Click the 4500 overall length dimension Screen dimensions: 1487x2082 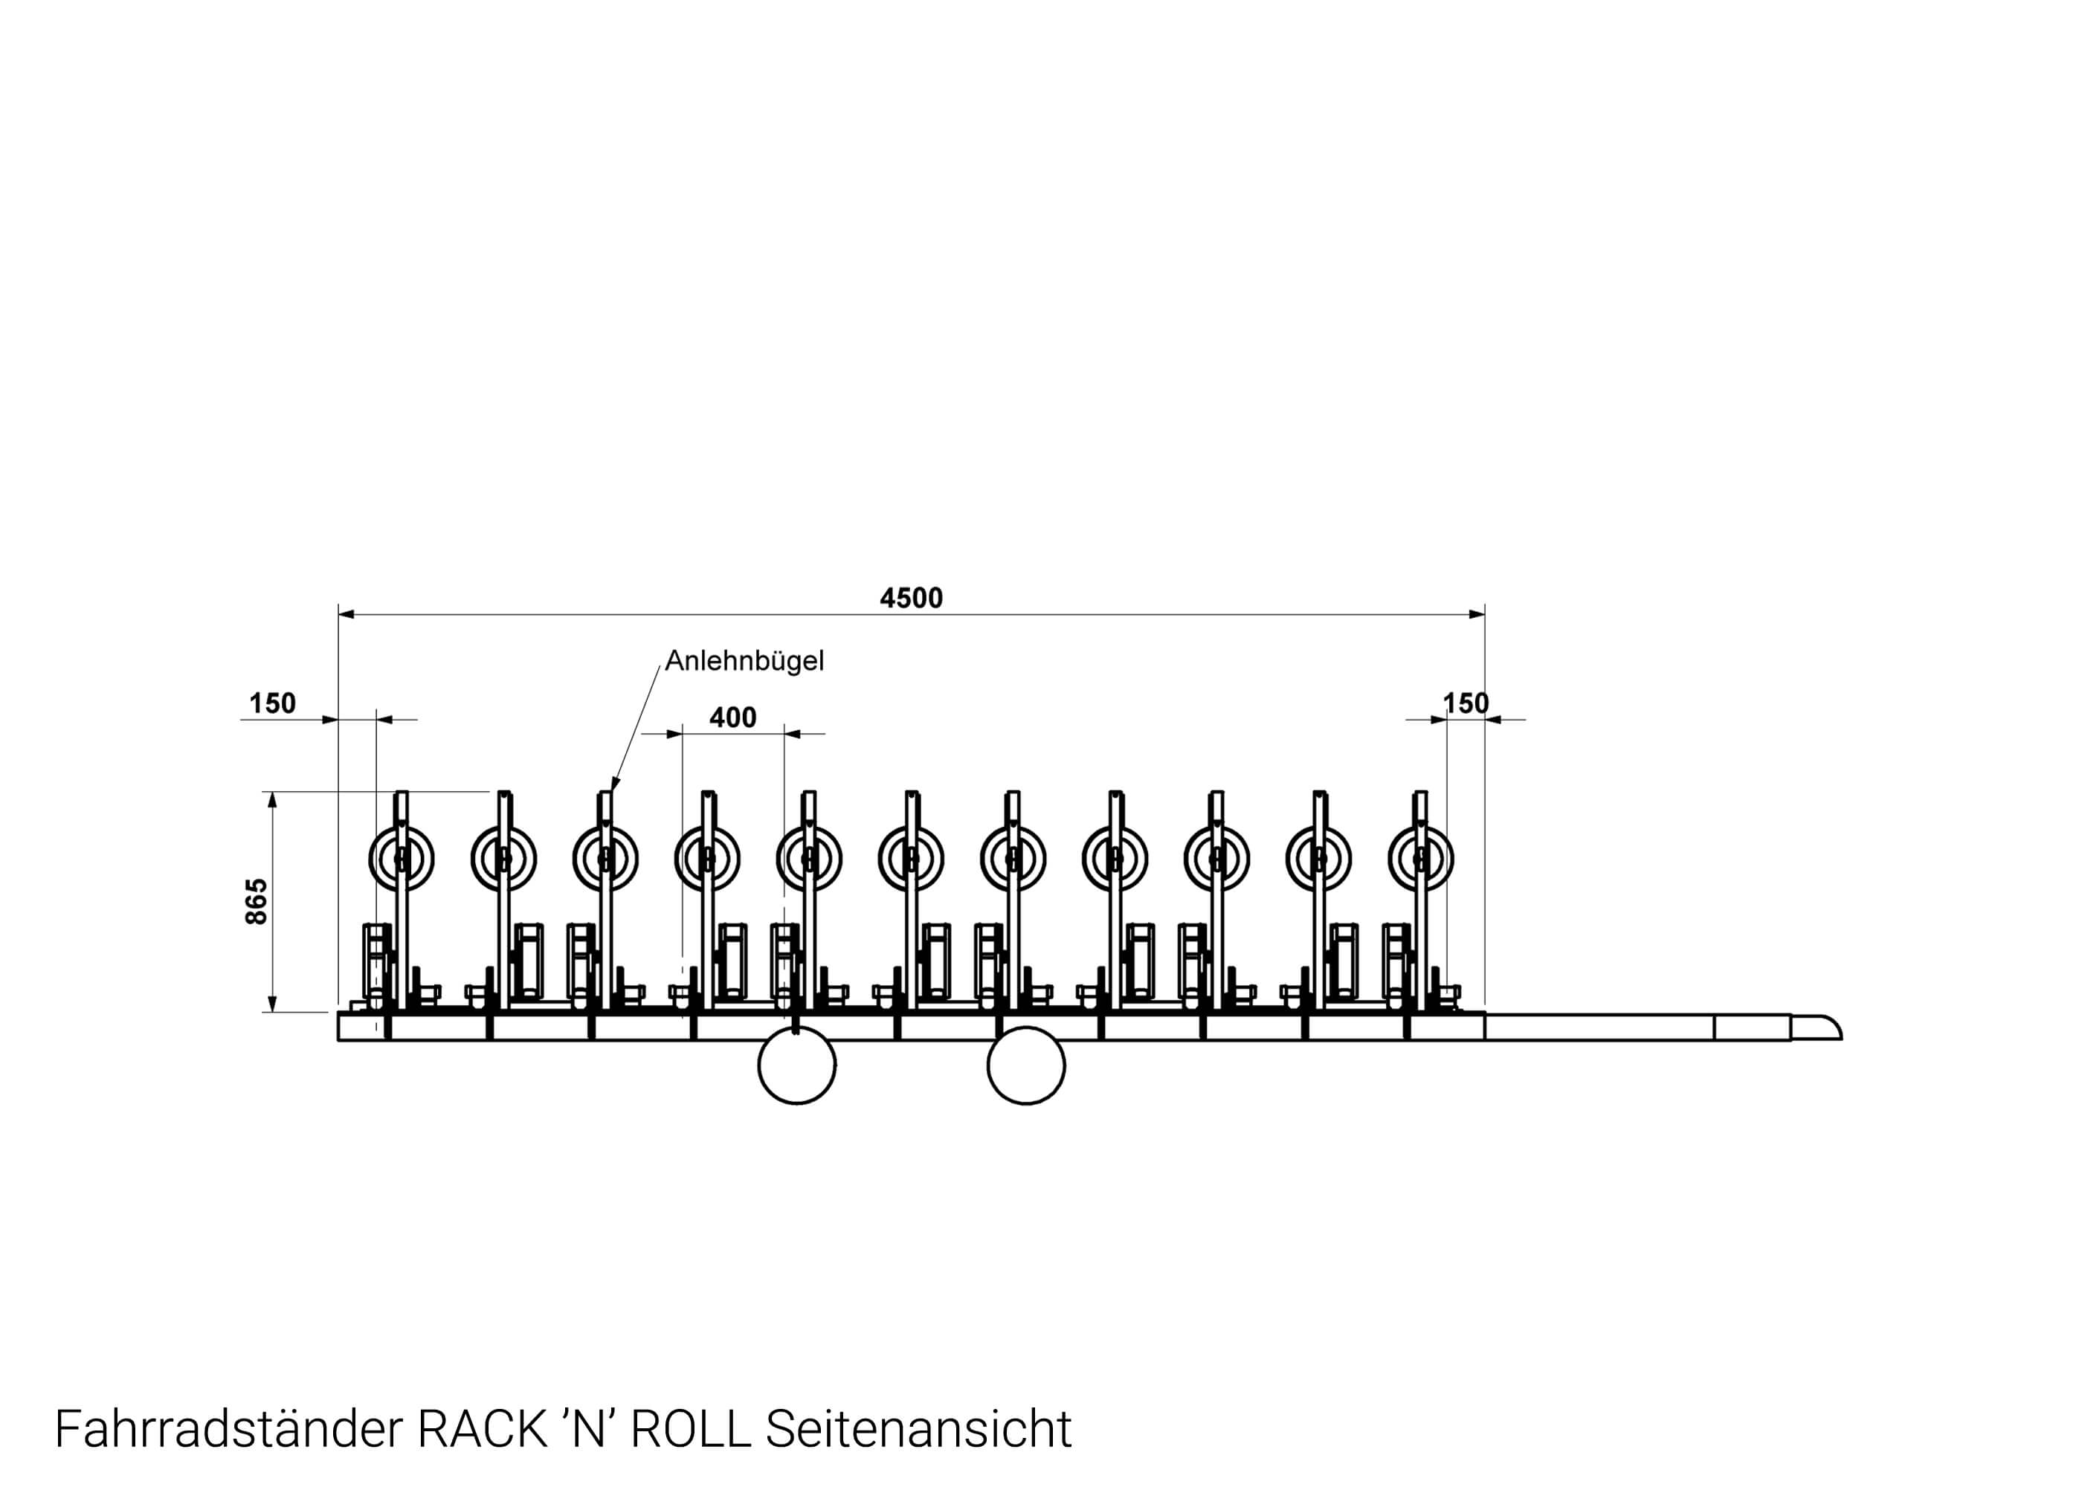tap(910, 598)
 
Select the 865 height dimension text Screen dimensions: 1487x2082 tap(257, 901)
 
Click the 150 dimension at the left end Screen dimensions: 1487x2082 tap(272, 703)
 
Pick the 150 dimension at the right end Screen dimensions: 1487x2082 tap(1466, 703)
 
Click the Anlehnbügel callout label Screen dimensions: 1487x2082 tap(744, 660)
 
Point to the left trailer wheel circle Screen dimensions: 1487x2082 tap(796, 1065)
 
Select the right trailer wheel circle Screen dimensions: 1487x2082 tap(1025, 1065)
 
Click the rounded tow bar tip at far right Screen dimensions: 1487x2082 tap(1821, 1028)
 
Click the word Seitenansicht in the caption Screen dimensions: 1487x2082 tap(918, 1429)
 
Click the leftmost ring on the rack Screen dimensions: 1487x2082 tap(401, 858)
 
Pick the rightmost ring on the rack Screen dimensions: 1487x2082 tap(1420, 858)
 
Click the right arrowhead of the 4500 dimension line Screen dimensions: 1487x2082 tap(1477, 614)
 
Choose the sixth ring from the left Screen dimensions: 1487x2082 tap(910, 858)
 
